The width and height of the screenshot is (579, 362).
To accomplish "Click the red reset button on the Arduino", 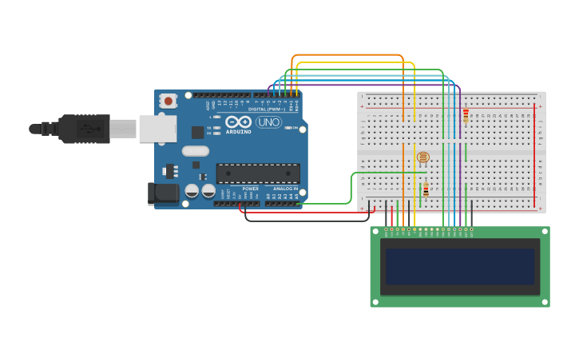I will click(168, 101).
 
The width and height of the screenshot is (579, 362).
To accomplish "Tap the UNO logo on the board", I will click(268, 122).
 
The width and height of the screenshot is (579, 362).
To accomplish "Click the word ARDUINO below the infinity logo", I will click(238, 131).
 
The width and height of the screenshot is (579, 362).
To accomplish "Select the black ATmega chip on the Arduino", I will click(258, 173).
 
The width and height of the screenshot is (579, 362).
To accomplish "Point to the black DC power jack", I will click(164, 193).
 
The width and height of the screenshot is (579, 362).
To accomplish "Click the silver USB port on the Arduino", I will click(157, 129).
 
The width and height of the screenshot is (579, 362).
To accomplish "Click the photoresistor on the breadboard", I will click(423, 157).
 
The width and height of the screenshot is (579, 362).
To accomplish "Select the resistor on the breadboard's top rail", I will click(466, 115).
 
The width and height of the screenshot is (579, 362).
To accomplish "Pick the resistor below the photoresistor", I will click(426, 189).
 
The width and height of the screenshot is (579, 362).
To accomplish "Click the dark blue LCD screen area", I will click(460, 267).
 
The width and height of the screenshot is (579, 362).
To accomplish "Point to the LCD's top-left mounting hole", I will click(375, 232).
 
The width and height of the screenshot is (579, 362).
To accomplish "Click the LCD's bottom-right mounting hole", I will click(545, 302).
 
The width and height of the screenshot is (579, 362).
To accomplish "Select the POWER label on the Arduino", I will click(250, 189).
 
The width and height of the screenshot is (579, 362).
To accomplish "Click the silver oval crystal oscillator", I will click(195, 151).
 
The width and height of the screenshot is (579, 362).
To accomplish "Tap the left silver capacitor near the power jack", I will click(192, 191).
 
